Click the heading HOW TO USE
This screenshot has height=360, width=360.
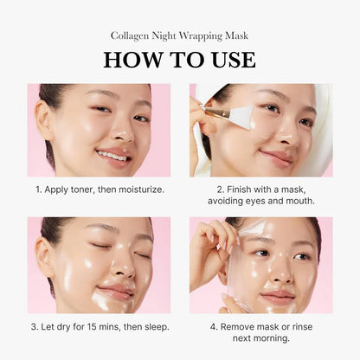[179, 59]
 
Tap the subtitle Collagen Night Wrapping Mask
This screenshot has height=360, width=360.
[179, 35]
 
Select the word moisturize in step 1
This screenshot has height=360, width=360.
[132, 189]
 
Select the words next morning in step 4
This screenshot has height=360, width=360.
[260, 338]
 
